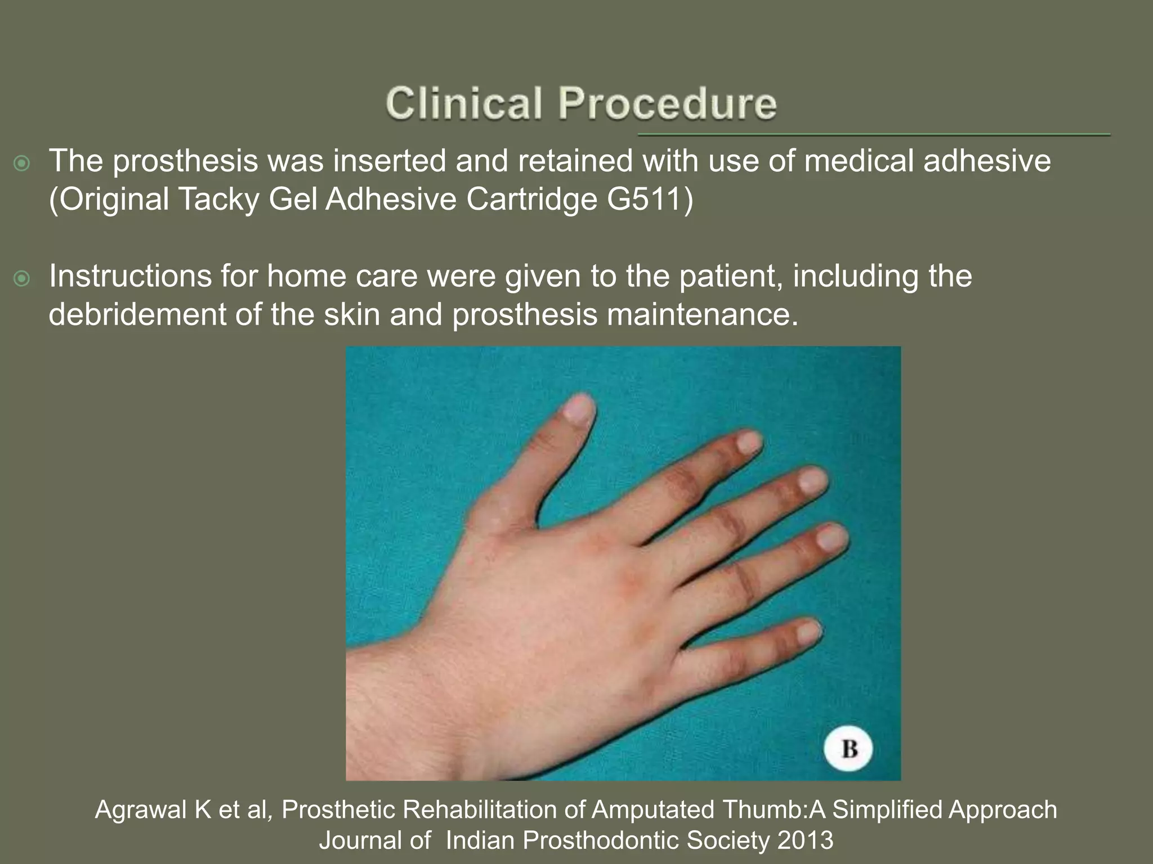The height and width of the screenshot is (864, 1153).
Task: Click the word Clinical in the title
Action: [x=464, y=104]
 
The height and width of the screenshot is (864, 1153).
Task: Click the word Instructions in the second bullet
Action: [x=130, y=276]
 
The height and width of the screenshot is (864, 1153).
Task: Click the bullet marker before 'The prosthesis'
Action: [x=22, y=164]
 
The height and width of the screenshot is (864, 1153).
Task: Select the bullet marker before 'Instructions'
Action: [x=22, y=278]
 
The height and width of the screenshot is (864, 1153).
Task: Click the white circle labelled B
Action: [x=848, y=749]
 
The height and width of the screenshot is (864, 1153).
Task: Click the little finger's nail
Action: [x=809, y=632]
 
